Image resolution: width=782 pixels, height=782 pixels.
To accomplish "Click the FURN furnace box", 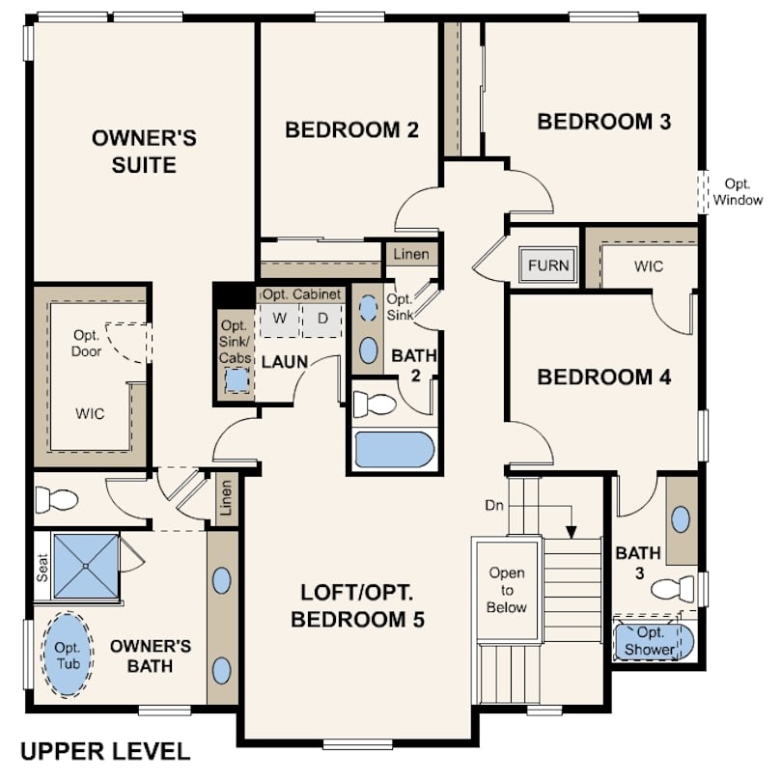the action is click(548, 265).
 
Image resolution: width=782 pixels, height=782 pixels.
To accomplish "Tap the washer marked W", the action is click(279, 319).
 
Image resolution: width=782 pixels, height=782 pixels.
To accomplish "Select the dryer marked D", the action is click(322, 319).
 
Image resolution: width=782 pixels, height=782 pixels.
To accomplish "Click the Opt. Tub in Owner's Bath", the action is click(68, 655).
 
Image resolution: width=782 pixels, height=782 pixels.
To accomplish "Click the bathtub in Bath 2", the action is click(394, 449).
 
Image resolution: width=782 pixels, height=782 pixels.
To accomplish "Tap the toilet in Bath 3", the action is click(672, 589).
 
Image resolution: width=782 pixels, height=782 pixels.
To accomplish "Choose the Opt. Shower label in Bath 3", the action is click(650, 641).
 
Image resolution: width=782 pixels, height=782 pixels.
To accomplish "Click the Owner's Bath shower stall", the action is click(86, 566).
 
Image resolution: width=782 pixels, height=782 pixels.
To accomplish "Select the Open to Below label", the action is click(507, 590).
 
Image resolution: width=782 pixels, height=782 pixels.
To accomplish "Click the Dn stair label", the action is click(494, 506).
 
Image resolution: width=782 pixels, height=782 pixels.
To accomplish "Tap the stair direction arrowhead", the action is click(572, 532).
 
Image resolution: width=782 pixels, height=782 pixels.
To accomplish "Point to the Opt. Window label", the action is click(738, 192).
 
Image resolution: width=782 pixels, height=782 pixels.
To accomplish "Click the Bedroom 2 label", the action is click(351, 129).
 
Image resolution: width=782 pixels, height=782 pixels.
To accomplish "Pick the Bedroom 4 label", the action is click(604, 377).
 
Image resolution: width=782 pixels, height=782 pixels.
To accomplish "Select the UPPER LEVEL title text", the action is click(105, 751).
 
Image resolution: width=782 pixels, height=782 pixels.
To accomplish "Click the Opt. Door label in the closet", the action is click(86, 343).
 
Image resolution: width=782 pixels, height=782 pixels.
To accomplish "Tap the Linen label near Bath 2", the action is click(411, 254).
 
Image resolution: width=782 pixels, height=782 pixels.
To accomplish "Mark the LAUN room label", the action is click(285, 362).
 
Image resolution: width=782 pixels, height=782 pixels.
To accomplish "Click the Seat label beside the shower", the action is click(42, 568).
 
